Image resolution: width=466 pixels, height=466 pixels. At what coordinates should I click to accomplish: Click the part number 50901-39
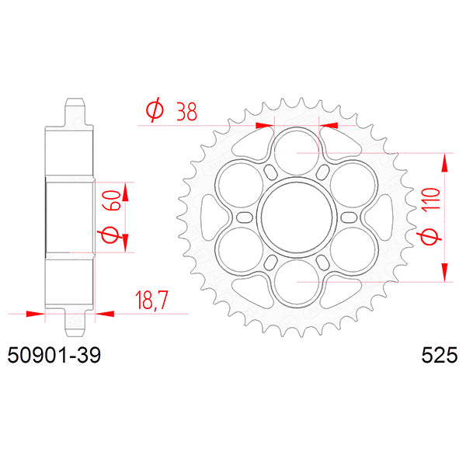[x=52, y=357]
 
